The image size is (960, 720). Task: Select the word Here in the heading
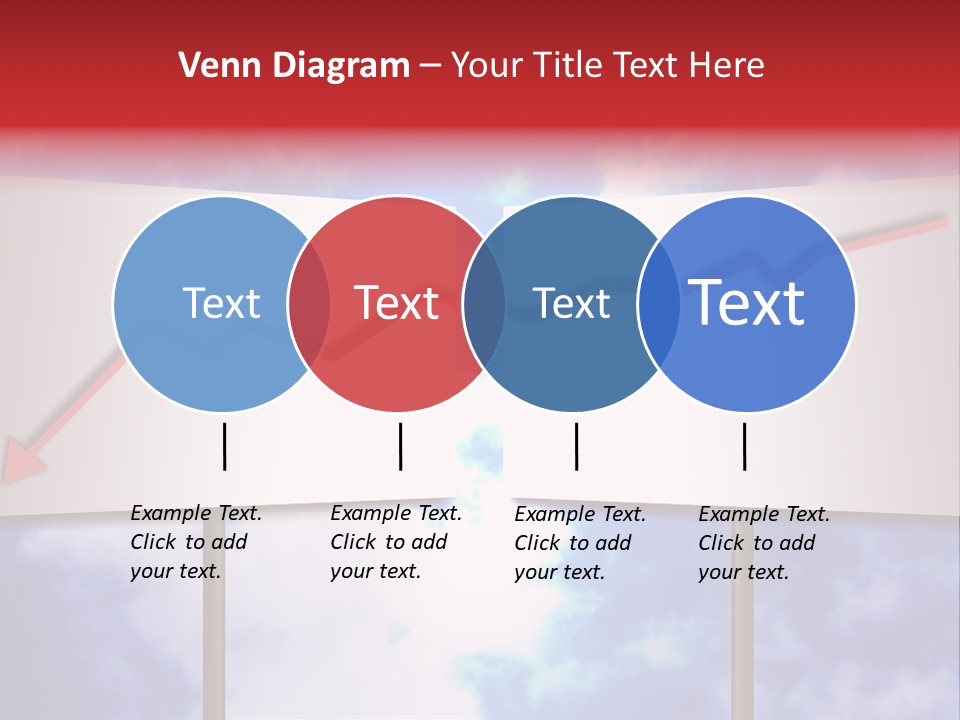tap(726, 66)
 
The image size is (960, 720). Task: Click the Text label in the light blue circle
tap(221, 303)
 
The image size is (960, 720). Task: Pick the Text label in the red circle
tap(397, 303)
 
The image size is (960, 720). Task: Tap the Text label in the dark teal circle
tap(571, 303)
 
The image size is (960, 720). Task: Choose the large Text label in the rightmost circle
tap(746, 302)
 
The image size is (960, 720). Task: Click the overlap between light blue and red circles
tap(309, 303)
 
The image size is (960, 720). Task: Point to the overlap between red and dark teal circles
tap(484, 303)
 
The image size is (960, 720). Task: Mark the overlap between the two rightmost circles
tap(659, 303)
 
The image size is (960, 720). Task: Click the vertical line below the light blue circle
tap(224, 446)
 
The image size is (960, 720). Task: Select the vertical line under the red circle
tap(400, 446)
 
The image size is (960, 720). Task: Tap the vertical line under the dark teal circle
tap(576, 446)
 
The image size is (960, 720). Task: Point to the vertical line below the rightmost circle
tap(744, 446)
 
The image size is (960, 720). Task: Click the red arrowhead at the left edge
tap(22, 463)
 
